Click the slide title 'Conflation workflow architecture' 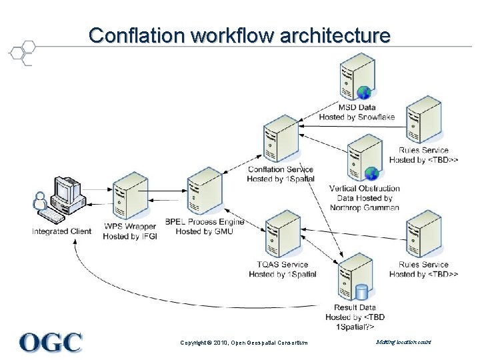239,35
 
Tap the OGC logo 51,342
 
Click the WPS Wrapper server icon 130,197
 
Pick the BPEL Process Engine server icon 205,193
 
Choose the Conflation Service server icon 281,139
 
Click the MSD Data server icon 356,77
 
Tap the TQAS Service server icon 283,234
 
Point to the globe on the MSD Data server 364,92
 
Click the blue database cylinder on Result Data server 362,292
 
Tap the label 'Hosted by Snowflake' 357,117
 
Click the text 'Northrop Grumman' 365,207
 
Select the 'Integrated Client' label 61,231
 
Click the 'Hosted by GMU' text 205,231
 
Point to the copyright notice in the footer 244,343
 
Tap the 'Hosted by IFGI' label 130,237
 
